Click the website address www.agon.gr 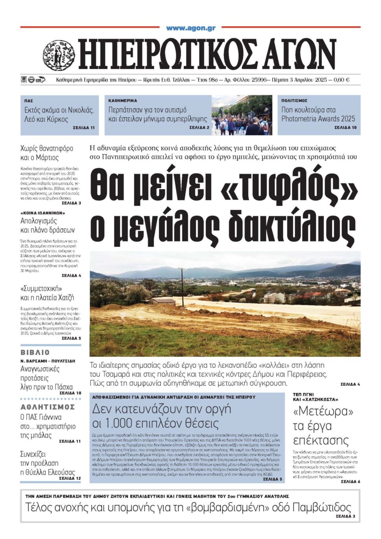tap(190, 28)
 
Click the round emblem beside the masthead tap(59, 55)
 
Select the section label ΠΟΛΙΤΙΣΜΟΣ tap(294, 101)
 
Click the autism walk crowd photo tap(242, 115)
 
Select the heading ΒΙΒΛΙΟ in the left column tap(35, 352)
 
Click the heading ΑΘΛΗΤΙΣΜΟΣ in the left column tap(48, 407)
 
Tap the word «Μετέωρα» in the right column tap(323, 411)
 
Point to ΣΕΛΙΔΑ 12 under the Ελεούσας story tap(70, 478)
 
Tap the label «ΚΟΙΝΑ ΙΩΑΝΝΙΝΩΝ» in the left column tap(42, 213)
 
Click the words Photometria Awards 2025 tap(318, 118)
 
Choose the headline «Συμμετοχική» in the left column tap(41, 288)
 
